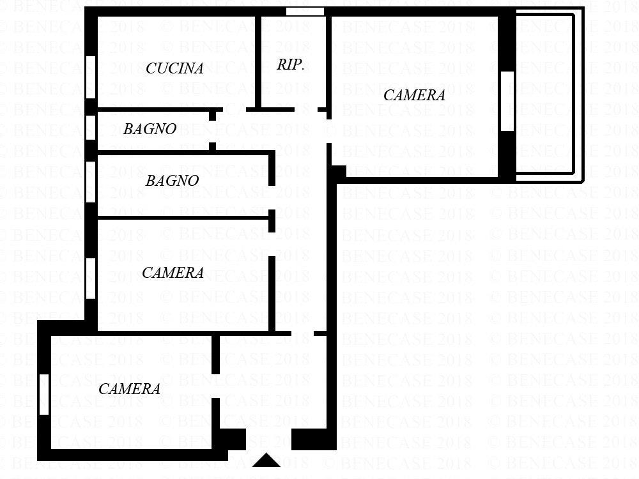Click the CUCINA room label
click(x=174, y=68)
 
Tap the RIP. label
click(x=290, y=65)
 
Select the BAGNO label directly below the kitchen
click(x=150, y=129)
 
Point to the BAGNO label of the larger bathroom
click(x=172, y=181)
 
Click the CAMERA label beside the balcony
click(x=414, y=95)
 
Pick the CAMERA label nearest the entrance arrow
click(x=129, y=389)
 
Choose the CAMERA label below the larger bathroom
click(x=173, y=273)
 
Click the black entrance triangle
click(x=266, y=460)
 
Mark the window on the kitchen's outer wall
click(x=91, y=77)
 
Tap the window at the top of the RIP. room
click(x=305, y=11)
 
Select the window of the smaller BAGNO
click(x=91, y=128)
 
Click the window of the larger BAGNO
click(x=91, y=181)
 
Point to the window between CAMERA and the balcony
click(x=507, y=102)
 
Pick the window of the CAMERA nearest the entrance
click(x=44, y=395)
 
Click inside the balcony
click(x=545, y=94)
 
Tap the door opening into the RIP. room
click(x=306, y=110)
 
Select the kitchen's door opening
click(x=235, y=110)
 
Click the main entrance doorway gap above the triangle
click(x=268, y=439)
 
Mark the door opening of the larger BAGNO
click(x=272, y=197)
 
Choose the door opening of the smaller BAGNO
click(x=212, y=132)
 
